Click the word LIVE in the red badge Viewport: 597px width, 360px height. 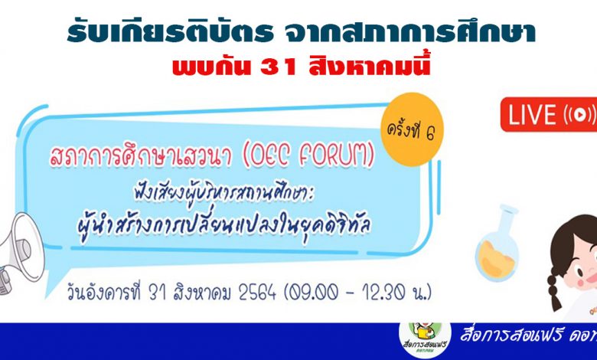532,115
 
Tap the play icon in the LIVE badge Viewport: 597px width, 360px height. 579,114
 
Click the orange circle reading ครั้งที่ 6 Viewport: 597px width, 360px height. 412,129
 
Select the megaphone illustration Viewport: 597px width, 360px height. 20,254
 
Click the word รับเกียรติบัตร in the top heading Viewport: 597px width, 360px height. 170,32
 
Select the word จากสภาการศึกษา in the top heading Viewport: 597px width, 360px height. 410,32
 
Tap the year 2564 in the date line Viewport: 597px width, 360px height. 257,293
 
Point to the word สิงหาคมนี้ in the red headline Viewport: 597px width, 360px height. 370,66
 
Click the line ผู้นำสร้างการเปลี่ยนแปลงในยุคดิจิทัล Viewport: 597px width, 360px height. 223,225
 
